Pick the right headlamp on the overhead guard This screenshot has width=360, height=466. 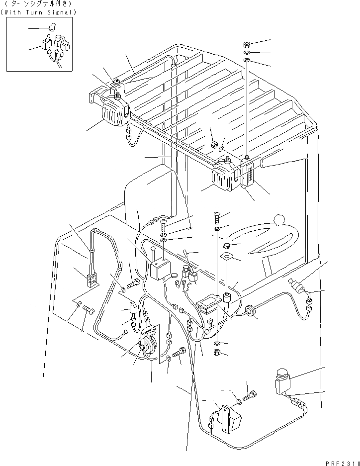(226, 177)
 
